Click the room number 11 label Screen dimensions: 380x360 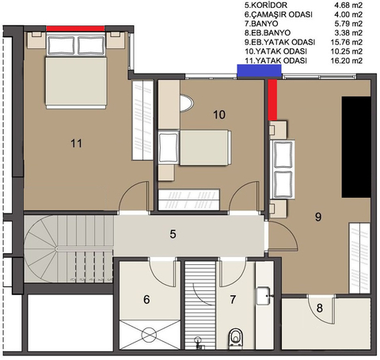tap(76, 143)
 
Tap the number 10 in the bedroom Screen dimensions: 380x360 tap(219, 115)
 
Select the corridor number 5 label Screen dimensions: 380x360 tap(173, 234)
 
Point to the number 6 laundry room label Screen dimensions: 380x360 tap(146, 300)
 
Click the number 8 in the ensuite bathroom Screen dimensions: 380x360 tap(320, 308)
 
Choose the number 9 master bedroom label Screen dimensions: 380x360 tap(318, 217)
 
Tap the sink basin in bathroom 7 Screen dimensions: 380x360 tap(263, 296)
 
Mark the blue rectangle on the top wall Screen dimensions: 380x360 tap(259, 71)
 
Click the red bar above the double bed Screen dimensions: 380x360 tap(75, 28)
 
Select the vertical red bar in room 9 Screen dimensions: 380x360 tap(272, 100)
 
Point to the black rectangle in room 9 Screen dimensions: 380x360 tap(356, 147)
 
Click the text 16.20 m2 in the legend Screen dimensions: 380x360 tap(347, 61)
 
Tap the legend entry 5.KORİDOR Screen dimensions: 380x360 tap(266, 6)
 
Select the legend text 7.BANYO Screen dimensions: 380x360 tap(261, 24)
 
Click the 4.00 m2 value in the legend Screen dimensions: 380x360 tap(348, 14)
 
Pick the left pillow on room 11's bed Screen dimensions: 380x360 tap(61, 45)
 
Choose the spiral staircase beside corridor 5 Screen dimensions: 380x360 tap(69, 249)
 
